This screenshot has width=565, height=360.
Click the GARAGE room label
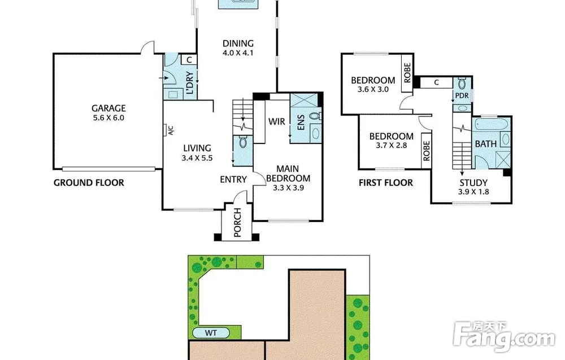(x=108, y=108)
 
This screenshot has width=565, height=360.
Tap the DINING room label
(x=238, y=44)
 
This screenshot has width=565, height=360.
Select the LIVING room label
(x=197, y=148)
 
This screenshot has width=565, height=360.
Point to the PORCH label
(x=237, y=223)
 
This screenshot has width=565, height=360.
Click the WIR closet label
(x=277, y=122)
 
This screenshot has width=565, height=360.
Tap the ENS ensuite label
(x=301, y=123)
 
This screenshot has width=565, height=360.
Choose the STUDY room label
(x=473, y=183)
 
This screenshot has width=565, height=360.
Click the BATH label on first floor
(x=486, y=144)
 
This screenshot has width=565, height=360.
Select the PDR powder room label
(x=462, y=96)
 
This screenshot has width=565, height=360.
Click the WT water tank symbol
(x=211, y=333)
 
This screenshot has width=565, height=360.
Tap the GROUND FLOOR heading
(x=89, y=183)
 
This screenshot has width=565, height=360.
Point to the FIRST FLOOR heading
(x=386, y=183)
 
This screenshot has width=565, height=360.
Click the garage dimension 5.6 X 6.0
(x=108, y=118)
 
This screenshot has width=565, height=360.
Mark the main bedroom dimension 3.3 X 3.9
(x=288, y=188)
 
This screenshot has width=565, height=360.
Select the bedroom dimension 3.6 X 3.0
(x=373, y=89)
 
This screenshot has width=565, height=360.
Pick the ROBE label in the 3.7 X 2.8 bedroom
(x=426, y=151)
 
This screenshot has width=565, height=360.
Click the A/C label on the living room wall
(x=171, y=131)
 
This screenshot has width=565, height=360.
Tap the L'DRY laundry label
(x=189, y=83)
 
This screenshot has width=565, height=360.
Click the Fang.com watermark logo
(x=505, y=337)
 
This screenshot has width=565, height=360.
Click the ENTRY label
(x=233, y=180)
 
